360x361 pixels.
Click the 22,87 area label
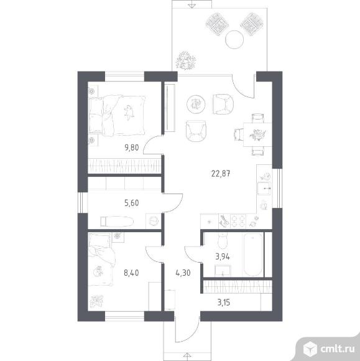(221, 174)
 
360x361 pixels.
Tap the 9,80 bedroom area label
(132, 148)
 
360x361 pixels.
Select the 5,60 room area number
(132, 203)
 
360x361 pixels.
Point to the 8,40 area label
(131, 273)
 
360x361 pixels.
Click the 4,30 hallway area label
(183, 273)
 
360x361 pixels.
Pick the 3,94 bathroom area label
(223, 256)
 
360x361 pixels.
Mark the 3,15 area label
(224, 302)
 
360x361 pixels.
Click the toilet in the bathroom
(223, 241)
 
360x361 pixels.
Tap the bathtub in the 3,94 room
(253, 255)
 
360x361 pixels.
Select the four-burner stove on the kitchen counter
(238, 222)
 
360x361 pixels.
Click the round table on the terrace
(234, 39)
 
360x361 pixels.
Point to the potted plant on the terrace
(185, 61)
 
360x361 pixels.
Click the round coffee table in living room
(196, 105)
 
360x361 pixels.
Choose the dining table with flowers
(257, 134)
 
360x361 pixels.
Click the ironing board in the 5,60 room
(117, 222)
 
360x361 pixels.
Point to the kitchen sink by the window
(264, 189)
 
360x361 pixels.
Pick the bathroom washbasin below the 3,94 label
(223, 270)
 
